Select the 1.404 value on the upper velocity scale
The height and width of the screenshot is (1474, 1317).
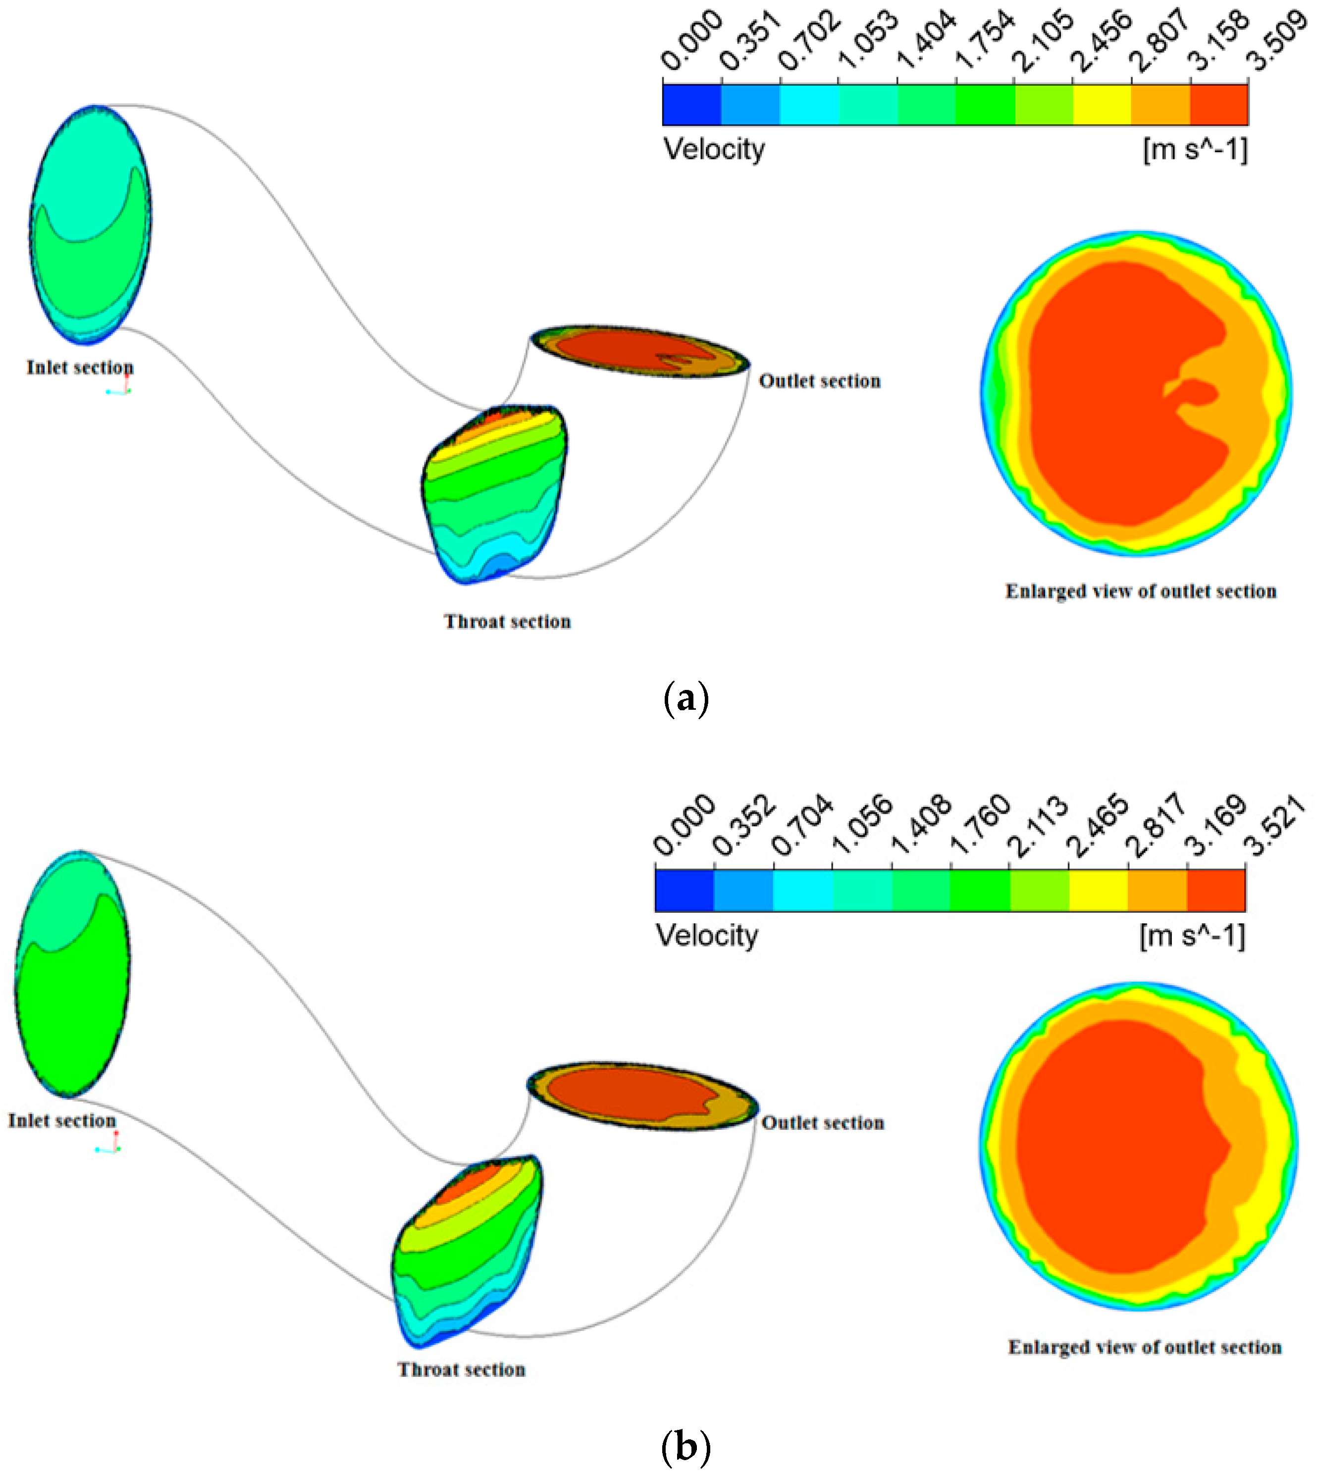(927, 42)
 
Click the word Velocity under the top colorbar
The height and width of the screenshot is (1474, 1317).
(714, 150)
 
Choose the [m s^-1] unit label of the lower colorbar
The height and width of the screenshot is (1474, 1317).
(1192, 936)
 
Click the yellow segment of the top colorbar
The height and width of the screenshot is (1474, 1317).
(1102, 105)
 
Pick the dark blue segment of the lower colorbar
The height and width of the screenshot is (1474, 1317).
(684, 890)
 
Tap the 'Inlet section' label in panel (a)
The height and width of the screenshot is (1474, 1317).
(80, 368)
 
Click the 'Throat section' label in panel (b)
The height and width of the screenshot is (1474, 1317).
(462, 1370)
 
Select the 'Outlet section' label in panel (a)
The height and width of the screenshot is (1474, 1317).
(820, 381)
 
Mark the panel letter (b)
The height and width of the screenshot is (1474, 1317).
(685, 1446)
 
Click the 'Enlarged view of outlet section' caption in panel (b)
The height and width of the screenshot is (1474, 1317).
(1145, 1347)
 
